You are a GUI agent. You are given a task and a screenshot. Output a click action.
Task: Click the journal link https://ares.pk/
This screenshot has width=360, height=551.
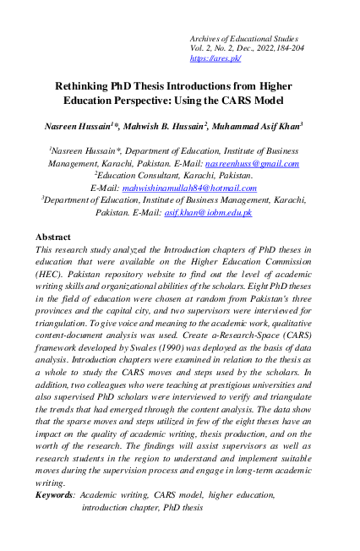pos(216,59)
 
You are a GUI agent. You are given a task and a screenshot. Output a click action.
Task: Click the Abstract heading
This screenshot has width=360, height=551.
pos(53,237)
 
